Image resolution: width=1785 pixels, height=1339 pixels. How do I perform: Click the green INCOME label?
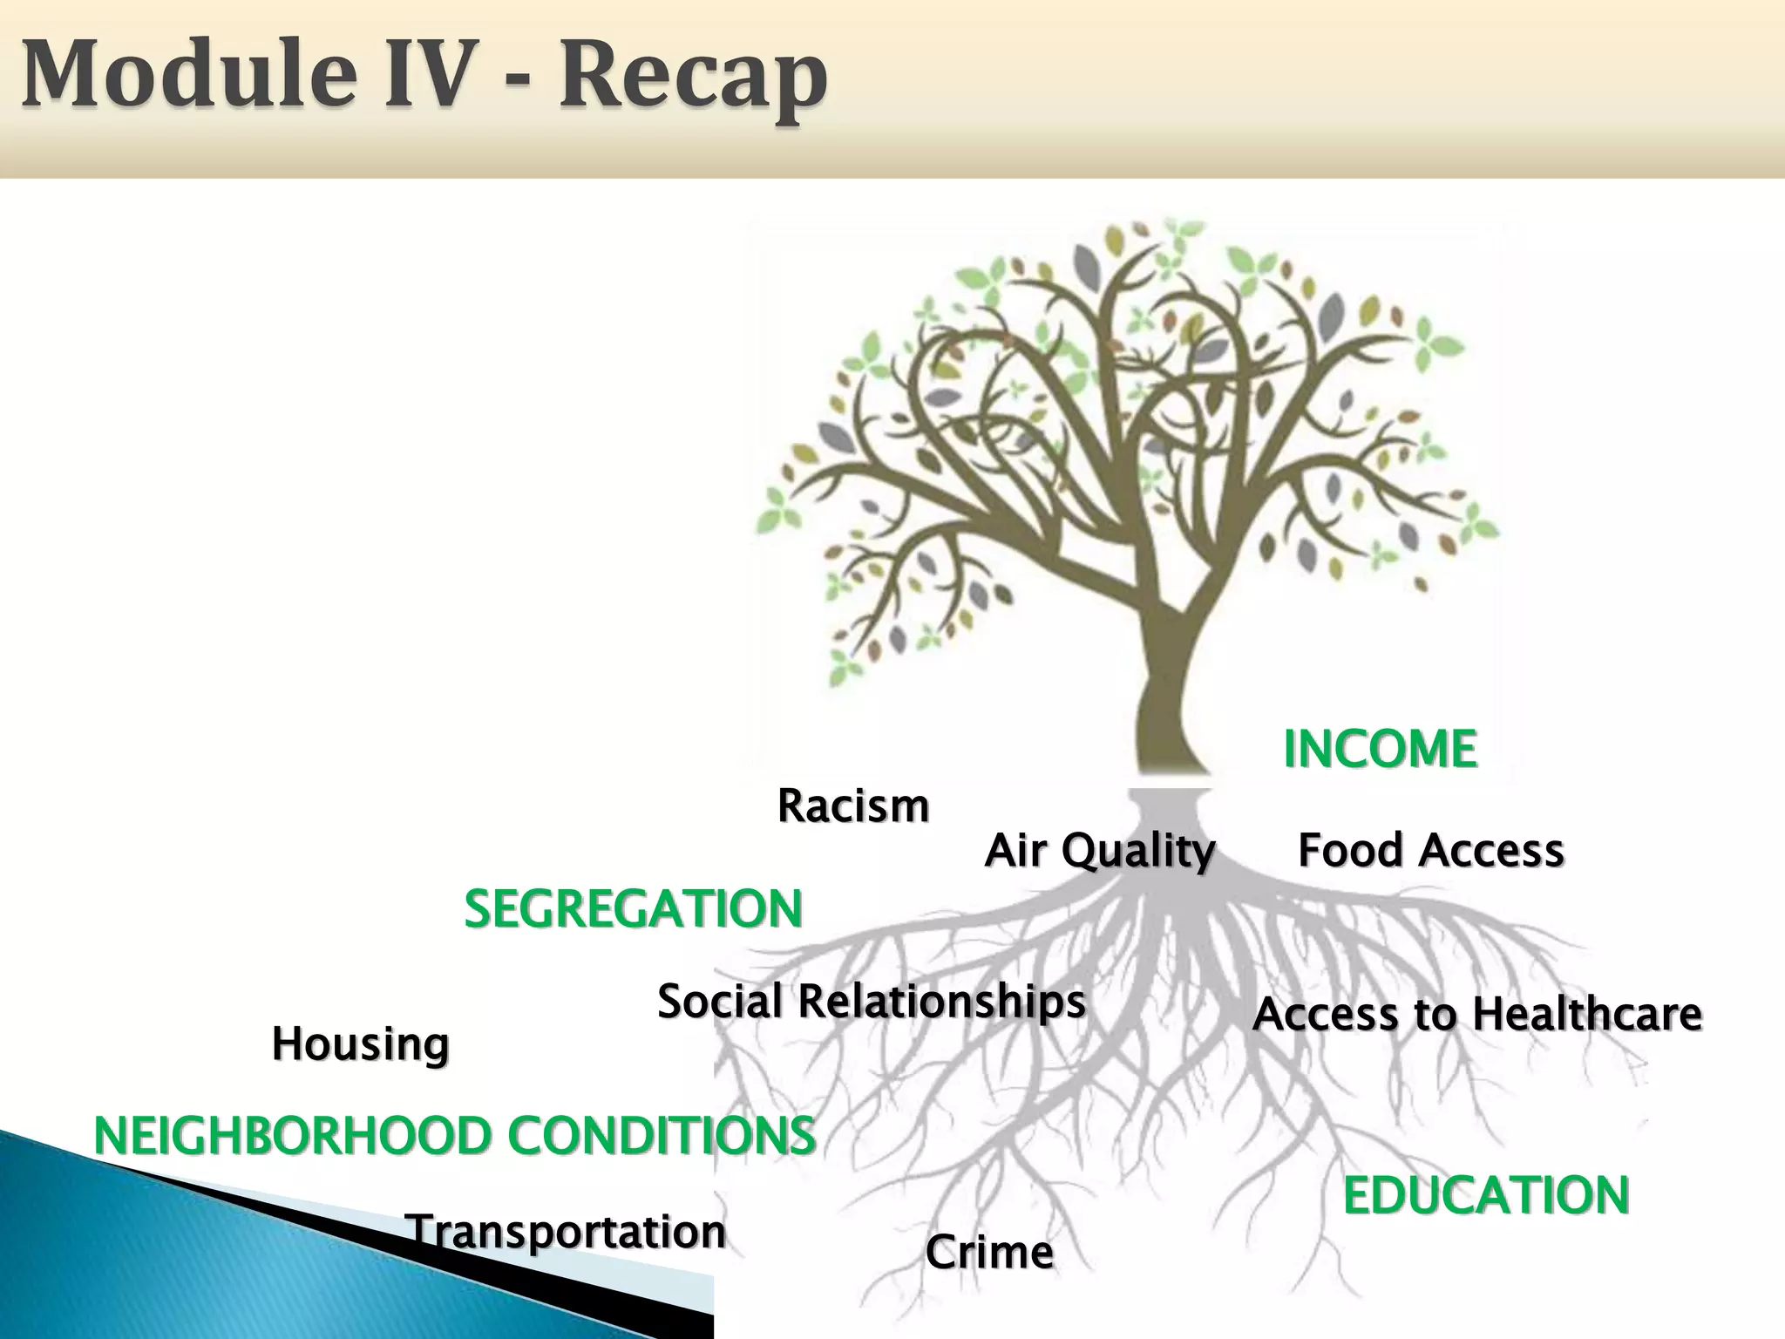1380,749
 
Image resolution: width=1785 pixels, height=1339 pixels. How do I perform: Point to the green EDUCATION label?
1485,1195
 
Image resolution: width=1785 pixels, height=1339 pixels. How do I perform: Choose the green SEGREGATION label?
633,909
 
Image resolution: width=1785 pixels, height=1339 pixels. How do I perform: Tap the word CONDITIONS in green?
662,1136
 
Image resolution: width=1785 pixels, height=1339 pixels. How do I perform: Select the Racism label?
852,806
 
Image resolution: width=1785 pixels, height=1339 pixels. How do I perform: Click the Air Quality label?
1099,850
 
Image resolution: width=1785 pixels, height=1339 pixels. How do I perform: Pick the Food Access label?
1430,850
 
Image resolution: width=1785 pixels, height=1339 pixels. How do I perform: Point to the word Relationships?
941,1001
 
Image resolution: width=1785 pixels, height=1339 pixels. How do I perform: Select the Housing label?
360,1044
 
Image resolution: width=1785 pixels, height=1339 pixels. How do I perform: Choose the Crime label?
988,1253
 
